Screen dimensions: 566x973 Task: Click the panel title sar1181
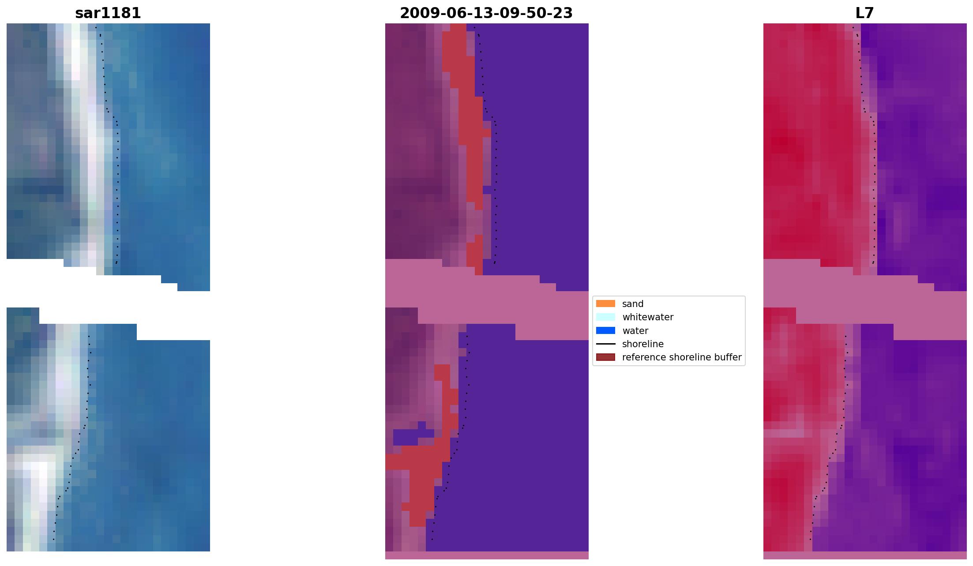[x=108, y=13]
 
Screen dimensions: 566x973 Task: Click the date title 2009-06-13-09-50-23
[x=486, y=13]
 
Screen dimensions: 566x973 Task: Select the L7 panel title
[x=864, y=13]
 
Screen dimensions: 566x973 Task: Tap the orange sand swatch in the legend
[x=605, y=304]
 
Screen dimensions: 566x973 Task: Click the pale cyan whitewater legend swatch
[x=605, y=317]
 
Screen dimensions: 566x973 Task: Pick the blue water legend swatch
[x=605, y=330]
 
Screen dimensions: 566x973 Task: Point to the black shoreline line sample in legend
[x=605, y=344]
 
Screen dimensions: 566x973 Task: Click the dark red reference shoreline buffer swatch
[x=605, y=357]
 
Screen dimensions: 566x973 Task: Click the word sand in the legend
[x=633, y=304]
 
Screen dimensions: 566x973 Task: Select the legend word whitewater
[x=648, y=317]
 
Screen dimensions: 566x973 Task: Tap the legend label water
[x=635, y=331]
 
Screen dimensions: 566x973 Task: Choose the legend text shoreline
[x=642, y=344]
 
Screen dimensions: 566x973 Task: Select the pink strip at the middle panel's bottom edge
[x=486, y=555]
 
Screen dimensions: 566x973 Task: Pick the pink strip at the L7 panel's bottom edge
[x=864, y=555]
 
